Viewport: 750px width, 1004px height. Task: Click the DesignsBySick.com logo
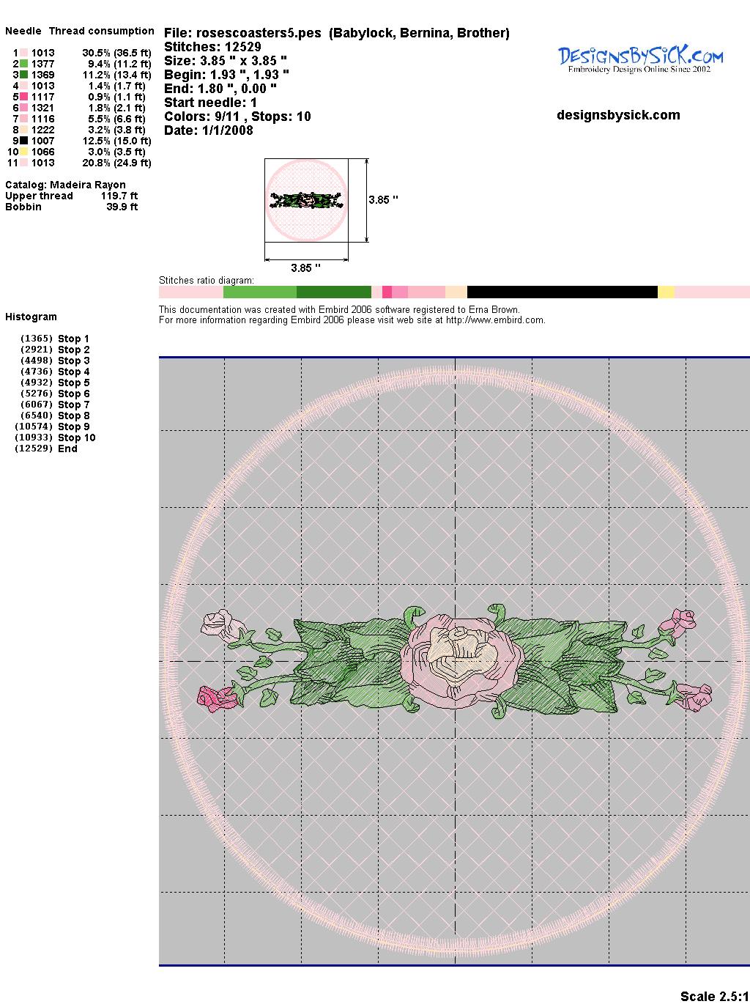pos(640,59)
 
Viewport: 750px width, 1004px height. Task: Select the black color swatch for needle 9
pos(23,141)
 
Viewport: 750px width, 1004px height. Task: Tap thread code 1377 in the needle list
pos(43,64)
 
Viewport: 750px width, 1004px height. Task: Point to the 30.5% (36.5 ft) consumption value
pos(116,53)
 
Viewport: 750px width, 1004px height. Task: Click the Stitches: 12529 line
pos(212,47)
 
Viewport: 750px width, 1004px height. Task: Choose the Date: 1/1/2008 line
pos(209,130)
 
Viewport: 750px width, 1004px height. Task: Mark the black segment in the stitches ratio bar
pos(562,292)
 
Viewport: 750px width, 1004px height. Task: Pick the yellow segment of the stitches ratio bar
pos(666,292)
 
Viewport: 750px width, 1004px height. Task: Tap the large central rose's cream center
pos(461,649)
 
